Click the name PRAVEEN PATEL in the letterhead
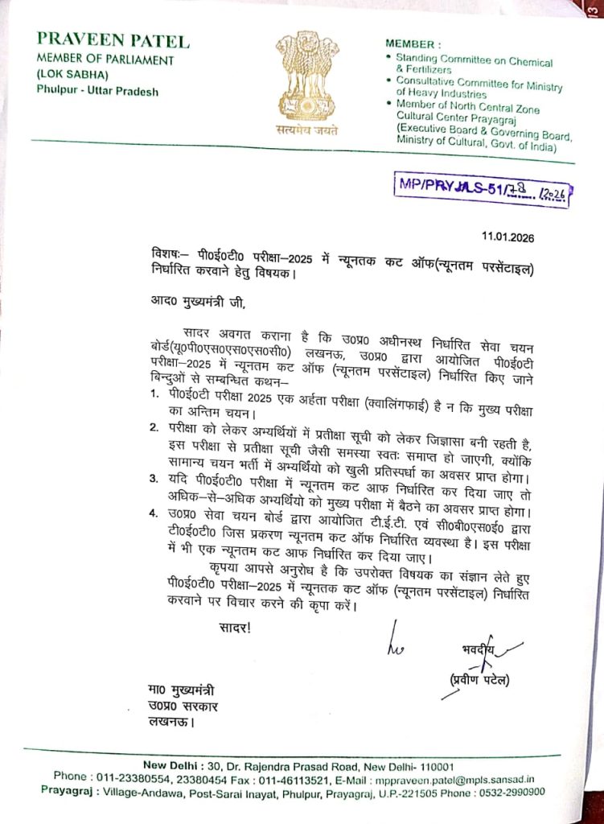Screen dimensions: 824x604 pos(113,41)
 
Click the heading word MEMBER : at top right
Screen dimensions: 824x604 pos(413,43)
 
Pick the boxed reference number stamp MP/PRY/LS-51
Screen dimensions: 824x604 pos(483,189)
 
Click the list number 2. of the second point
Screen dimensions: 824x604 pos(154,427)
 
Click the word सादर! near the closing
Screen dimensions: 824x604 pos(235,624)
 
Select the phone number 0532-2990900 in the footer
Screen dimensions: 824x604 pos(512,792)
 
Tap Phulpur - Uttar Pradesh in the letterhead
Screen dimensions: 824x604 pos(97,91)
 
